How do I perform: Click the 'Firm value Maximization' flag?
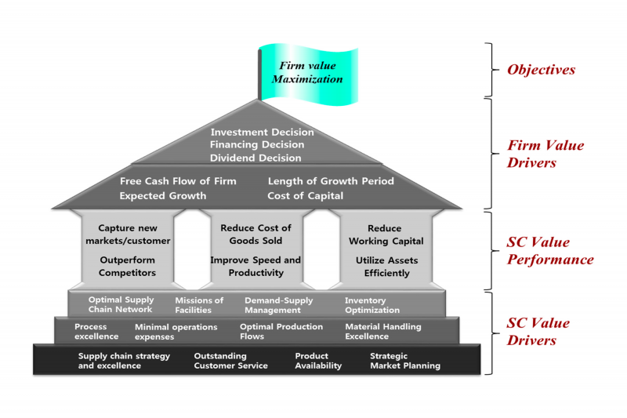pos(308,74)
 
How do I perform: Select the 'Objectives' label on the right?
pos(541,70)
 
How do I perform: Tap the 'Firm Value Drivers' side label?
pos(545,154)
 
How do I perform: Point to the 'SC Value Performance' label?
pos(550,251)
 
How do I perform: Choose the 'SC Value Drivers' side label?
pos(538,332)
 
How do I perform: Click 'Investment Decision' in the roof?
pos(263,132)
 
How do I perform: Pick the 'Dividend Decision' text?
pos(256,158)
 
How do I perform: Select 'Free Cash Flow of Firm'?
pos(178,181)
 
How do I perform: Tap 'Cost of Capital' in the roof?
pos(305,196)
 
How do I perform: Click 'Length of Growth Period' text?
pos(331,181)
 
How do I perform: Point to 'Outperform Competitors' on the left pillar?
pos(127,267)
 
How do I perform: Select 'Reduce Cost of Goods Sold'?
pos(256,234)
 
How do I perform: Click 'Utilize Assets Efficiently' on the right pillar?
pos(386,267)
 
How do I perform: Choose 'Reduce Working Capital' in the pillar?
pos(386,234)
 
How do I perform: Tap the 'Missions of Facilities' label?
pos(199,305)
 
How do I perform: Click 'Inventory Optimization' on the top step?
pos(372,305)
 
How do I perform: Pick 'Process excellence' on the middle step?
pos(96,332)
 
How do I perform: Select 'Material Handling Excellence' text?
pos(383,332)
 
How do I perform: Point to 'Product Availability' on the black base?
pos(318,361)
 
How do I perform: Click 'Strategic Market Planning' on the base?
pos(405,361)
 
